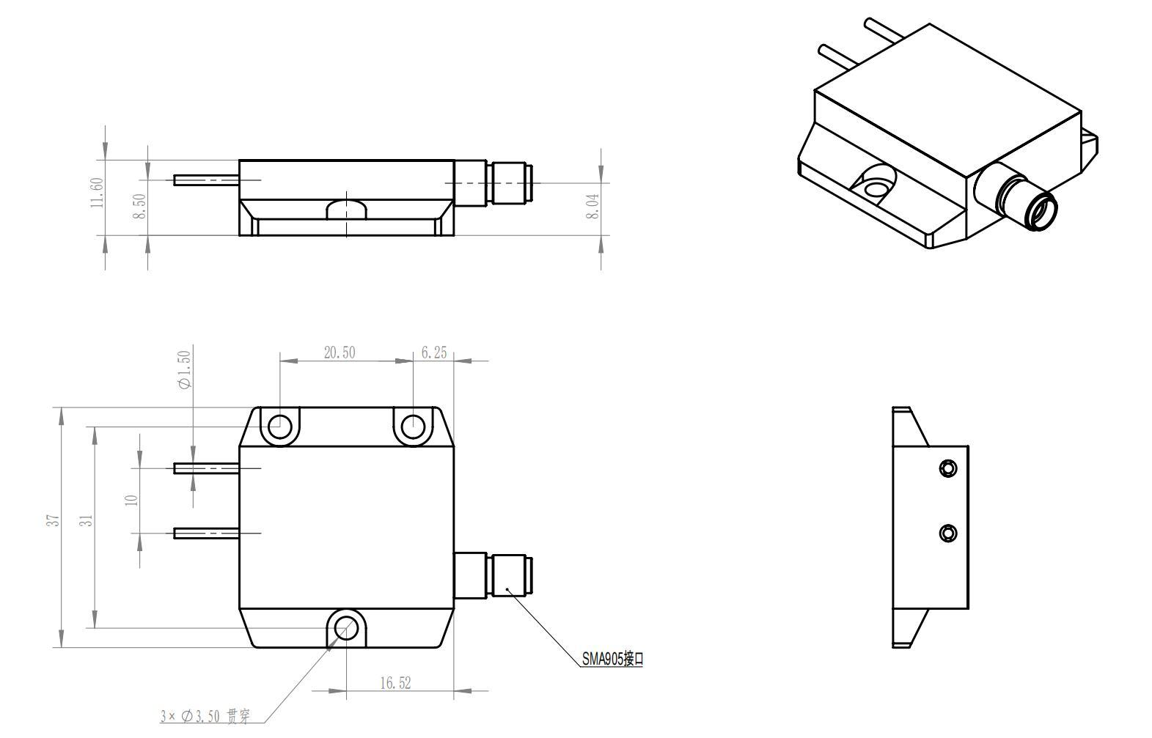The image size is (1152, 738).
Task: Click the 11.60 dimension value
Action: (97, 193)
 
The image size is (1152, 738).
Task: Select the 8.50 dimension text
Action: (139, 206)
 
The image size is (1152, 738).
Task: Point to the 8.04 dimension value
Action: (593, 207)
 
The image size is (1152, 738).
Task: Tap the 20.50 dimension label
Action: (340, 353)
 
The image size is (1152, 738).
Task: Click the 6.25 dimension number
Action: (434, 353)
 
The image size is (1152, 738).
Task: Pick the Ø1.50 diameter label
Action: (184, 369)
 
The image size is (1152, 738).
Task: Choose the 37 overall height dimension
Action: (54, 520)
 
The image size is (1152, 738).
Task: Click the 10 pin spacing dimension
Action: (132, 500)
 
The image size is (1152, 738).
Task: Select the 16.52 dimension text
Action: (395, 683)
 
